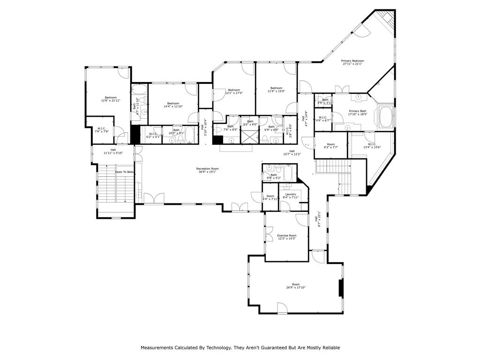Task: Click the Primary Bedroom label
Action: pyautogui.click(x=352, y=61)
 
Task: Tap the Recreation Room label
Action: pyautogui.click(x=207, y=169)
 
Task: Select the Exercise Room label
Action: pyautogui.click(x=286, y=235)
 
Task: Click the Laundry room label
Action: pyautogui.click(x=290, y=194)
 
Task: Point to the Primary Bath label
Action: pyautogui.click(x=357, y=111)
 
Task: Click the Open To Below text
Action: pyautogui.click(x=125, y=172)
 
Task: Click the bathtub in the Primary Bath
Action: pyautogui.click(x=386, y=117)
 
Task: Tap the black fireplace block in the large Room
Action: pyautogui.click(x=341, y=288)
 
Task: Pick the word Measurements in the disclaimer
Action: pyautogui.click(x=155, y=348)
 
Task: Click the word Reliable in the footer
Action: pyautogui.click(x=330, y=348)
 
